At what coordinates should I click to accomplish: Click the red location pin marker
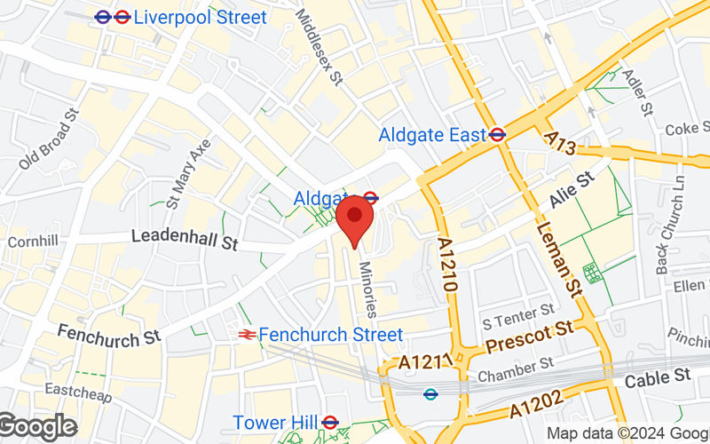point(355,219)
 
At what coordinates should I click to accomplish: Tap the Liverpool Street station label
point(200,17)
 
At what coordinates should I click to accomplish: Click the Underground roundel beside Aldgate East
point(498,135)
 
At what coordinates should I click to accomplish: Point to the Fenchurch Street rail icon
point(247,335)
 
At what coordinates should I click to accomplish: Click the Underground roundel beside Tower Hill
point(330,422)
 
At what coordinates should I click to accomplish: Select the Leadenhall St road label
point(185,237)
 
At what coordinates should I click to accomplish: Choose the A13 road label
point(562,145)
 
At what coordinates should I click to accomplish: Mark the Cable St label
point(658,377)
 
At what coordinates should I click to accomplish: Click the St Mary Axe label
point(188,173)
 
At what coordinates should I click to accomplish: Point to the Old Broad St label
point(50,139)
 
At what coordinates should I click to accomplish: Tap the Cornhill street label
point(32,242)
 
